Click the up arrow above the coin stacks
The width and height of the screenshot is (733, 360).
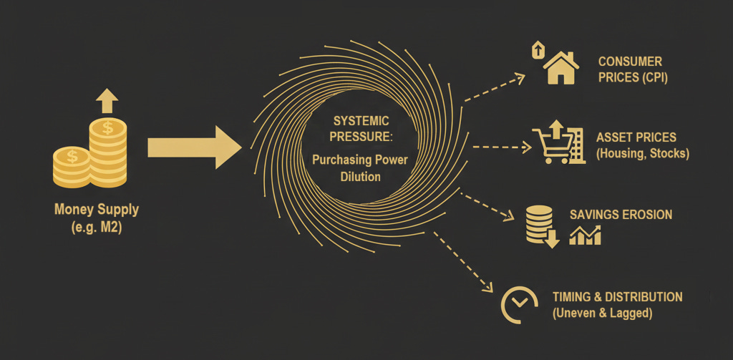[x=107, y=101]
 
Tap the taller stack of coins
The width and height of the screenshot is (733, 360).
[x=108, y=152]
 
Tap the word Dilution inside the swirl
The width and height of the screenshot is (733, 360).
[x=360, y=176]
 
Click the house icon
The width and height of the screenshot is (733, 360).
[x=561, y=67]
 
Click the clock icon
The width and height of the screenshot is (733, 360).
[x=519, y=303]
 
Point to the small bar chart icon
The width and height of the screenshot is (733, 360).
[x=585, y=235]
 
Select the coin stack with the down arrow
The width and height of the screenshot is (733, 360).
[x=540, y=225]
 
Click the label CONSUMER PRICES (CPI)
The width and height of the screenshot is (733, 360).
[x=632, y=69]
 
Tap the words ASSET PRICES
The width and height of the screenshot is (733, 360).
[x=636, y=137]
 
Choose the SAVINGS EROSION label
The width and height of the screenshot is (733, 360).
[x=621, y=215]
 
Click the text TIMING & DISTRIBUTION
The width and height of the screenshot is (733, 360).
[x=617, y=296]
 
